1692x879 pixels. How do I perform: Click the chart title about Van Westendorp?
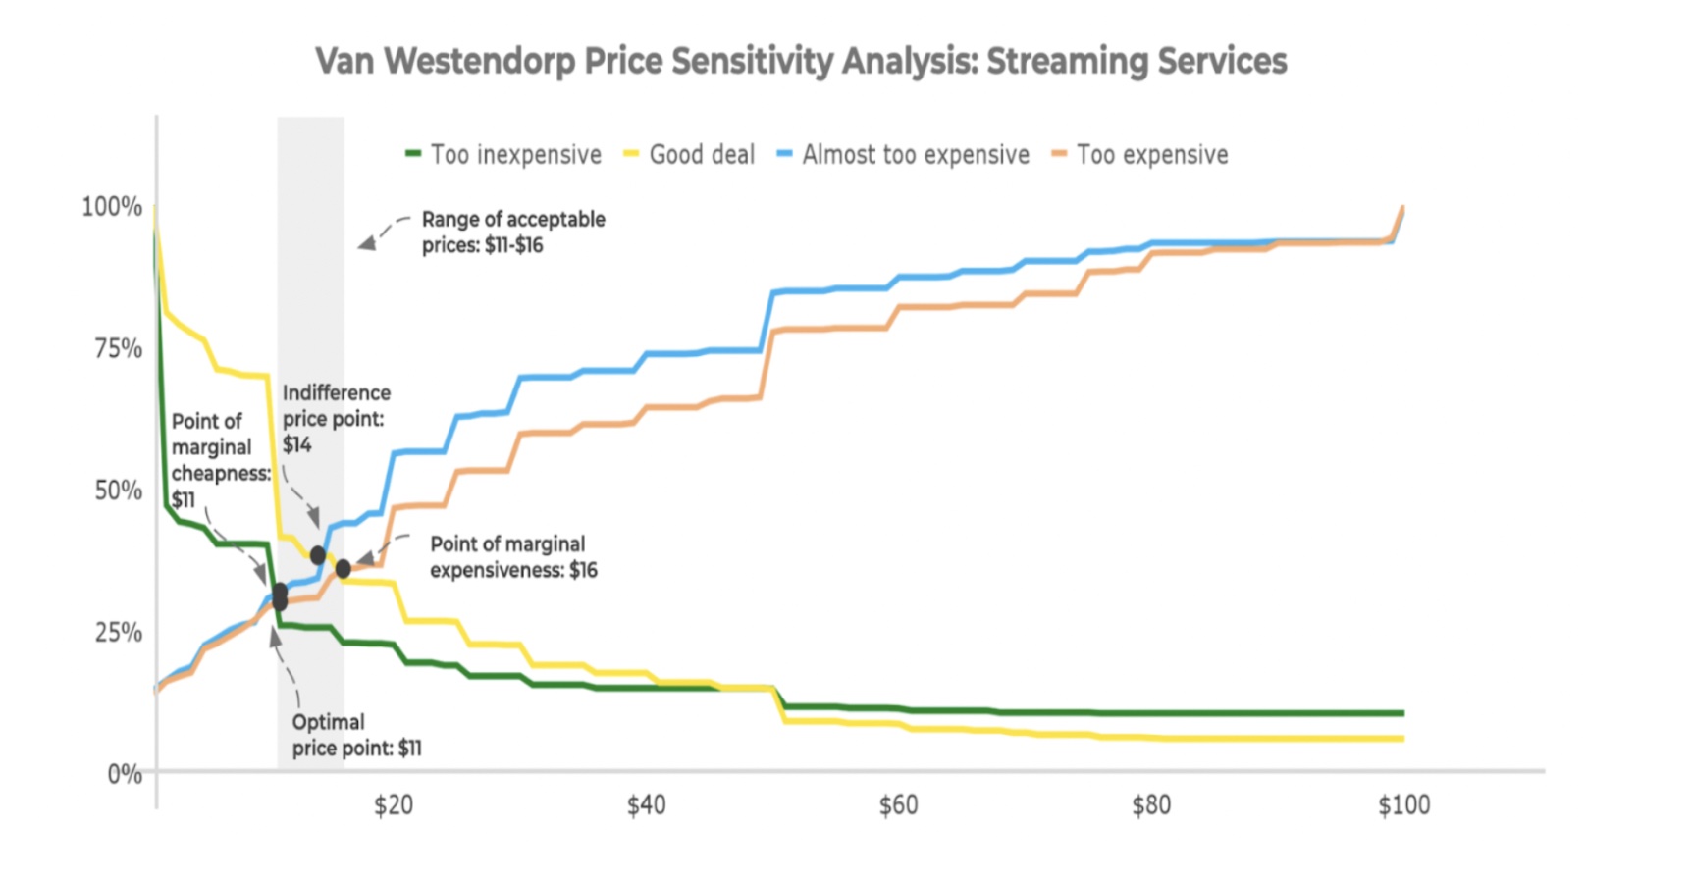click(x=801, y=61)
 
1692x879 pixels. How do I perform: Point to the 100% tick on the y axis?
click(x=112, y=207)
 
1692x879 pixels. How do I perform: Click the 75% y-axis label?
click(x=118, y=349)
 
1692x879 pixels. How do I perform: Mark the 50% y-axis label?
click(x=118, y=491)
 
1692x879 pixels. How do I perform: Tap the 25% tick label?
click(x=118, y=633)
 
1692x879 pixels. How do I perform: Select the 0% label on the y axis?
click(x=125, y=774)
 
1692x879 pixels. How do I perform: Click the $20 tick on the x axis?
click(x=393, y=805)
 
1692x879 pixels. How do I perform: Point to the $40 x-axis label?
click(x=646, y=805)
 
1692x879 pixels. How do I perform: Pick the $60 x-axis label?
click(x=898, y=805)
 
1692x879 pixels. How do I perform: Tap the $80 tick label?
click(x=1151, y=805)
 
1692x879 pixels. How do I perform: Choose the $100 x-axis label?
click(x=1403, y=805)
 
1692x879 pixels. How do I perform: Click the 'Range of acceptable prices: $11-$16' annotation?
click(x=512, y=233)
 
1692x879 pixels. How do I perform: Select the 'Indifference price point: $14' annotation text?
click(x=335, y=419)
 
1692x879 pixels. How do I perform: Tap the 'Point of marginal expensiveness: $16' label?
click(x=512, y=557)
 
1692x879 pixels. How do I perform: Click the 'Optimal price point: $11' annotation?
click(x=355, y=735)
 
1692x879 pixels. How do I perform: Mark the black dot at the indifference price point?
click(x=318, y=555)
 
